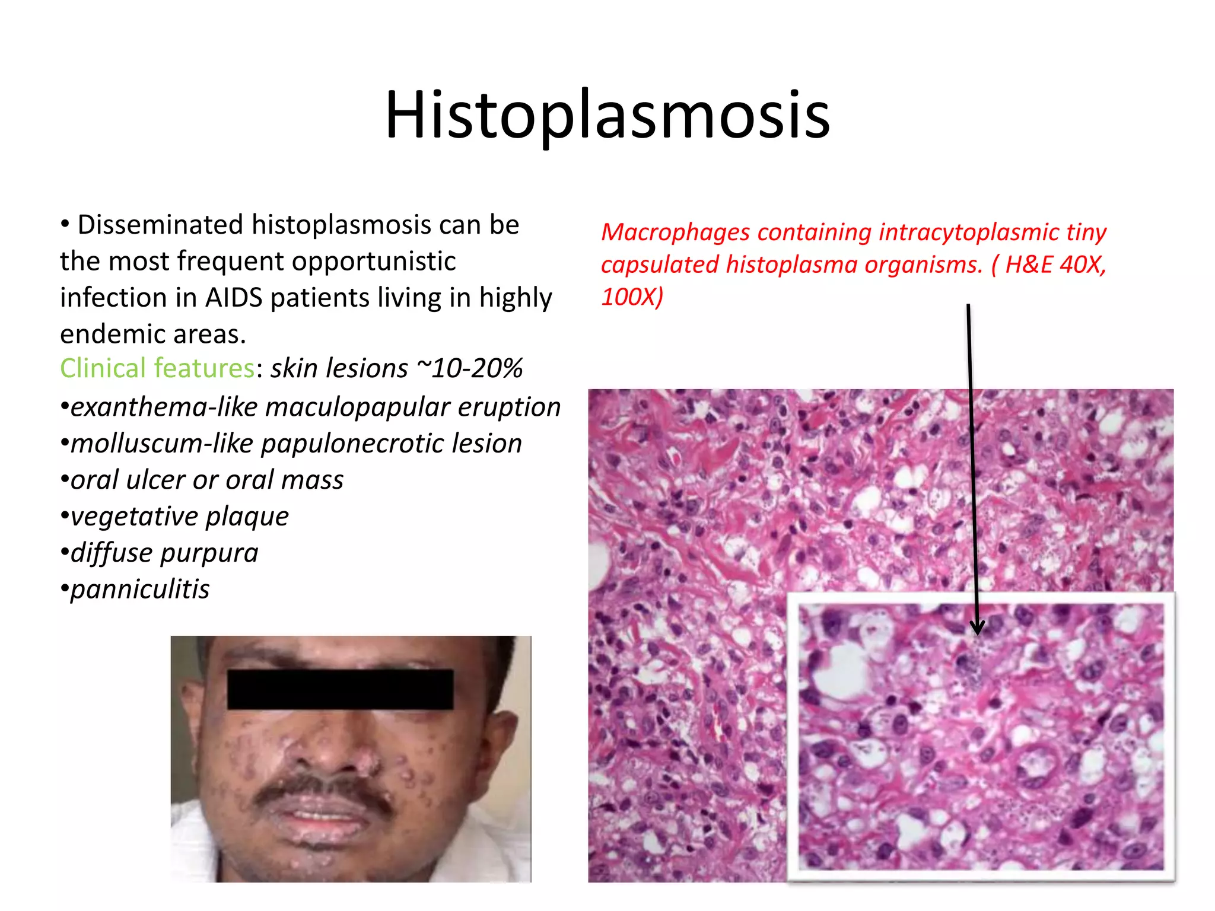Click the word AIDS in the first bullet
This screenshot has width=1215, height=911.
233,298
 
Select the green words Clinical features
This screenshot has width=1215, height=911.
157,368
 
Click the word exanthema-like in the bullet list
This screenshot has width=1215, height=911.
164,407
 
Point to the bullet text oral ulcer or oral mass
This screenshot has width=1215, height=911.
206,480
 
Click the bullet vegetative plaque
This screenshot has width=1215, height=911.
179,516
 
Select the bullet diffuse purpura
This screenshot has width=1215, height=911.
164,553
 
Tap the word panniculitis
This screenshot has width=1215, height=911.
140,590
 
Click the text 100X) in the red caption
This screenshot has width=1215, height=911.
632,297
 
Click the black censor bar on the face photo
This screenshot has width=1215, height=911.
340,689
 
